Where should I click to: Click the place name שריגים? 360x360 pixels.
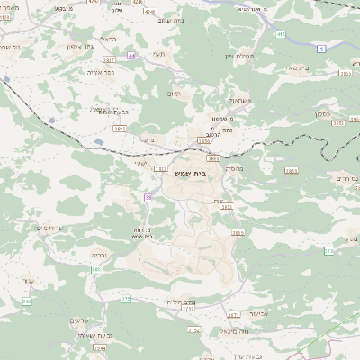(x=80, y=319)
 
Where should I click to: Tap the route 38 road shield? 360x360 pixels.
(x=147, y=196)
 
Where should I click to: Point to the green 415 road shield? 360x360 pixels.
(x=281, y=34)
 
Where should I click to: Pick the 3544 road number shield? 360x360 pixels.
(x=99, y=347)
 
